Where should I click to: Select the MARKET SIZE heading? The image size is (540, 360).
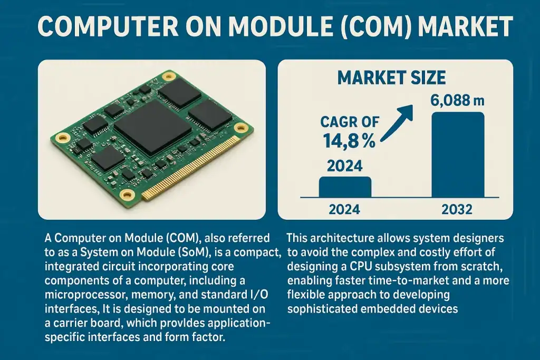tap(391, 78)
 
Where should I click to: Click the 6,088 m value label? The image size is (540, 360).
tap(457, 100)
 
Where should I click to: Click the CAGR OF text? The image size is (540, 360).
tap(350, 122)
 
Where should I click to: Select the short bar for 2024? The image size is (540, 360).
tap(345, 187)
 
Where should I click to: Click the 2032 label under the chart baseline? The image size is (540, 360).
tap(457, 209)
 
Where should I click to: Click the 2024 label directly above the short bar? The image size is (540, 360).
tap(345, 167)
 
